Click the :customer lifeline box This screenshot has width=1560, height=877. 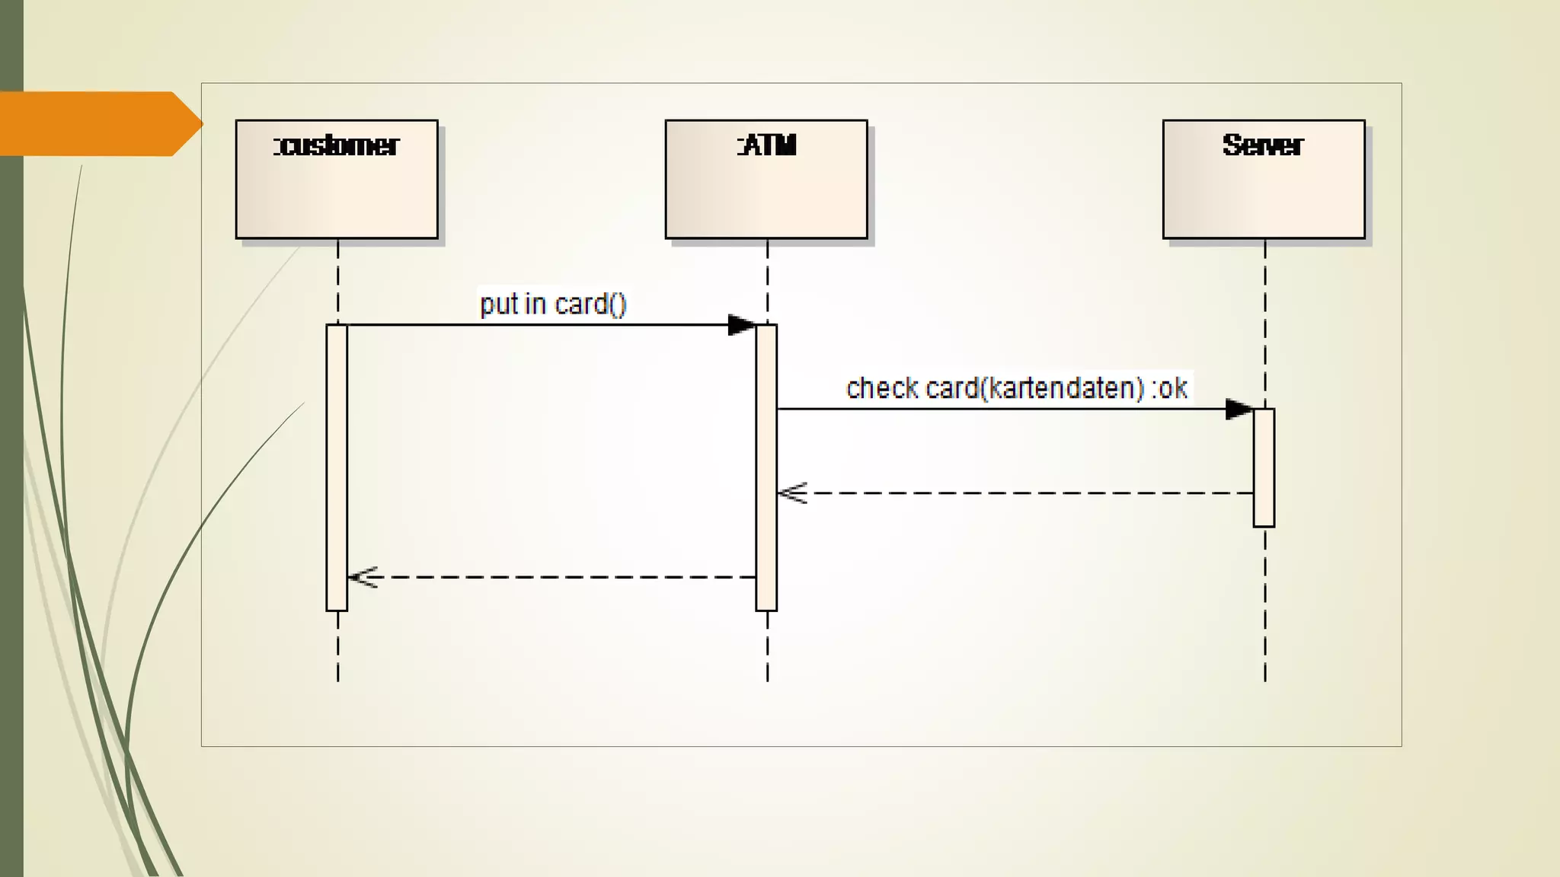pyautogui.click(x=336, y=190)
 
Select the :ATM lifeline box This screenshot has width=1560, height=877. pyautogui.click(x=766, y=190)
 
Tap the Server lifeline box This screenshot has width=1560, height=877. pyautogui.click(x=1263, y=190)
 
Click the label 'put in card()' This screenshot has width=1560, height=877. pyautogui.click(x=553, y=305)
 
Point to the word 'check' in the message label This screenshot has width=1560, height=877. pyautogui.click(x=882, y=388)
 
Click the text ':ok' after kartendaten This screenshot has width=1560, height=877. pyautogui.click(x=1170, y=388)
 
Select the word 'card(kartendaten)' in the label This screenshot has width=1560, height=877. pyautogui.click(x=1034, y=388)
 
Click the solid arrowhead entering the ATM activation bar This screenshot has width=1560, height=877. pyautogui.click(x=741, y=325)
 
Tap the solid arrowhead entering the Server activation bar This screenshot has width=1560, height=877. pyautogui.click(x=1239, y=409)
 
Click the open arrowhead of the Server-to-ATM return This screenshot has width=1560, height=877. pyautogui.click(x=792, y=493)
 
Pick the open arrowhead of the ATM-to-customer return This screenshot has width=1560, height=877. pyautogui.click(x=363, y=577)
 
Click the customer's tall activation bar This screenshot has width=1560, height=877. pyautogui.click(x=337, y=467)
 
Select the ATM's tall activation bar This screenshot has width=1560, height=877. pyautogui.click(x=766, y=467)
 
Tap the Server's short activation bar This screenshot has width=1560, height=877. pyautogui.click(x=1264, y=467)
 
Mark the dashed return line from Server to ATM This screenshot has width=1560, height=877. pyautogui.click(x=1021, y=493)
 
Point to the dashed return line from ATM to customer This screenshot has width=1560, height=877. pyautogui.click(x=556, y=577)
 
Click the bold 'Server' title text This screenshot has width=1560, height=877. pyautogui.click(x=1263, y=145)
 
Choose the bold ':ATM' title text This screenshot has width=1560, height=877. pyautogui.click(x=766, y=145)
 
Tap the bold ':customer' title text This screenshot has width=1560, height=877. pyautogui.click(x=336, y=145)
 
